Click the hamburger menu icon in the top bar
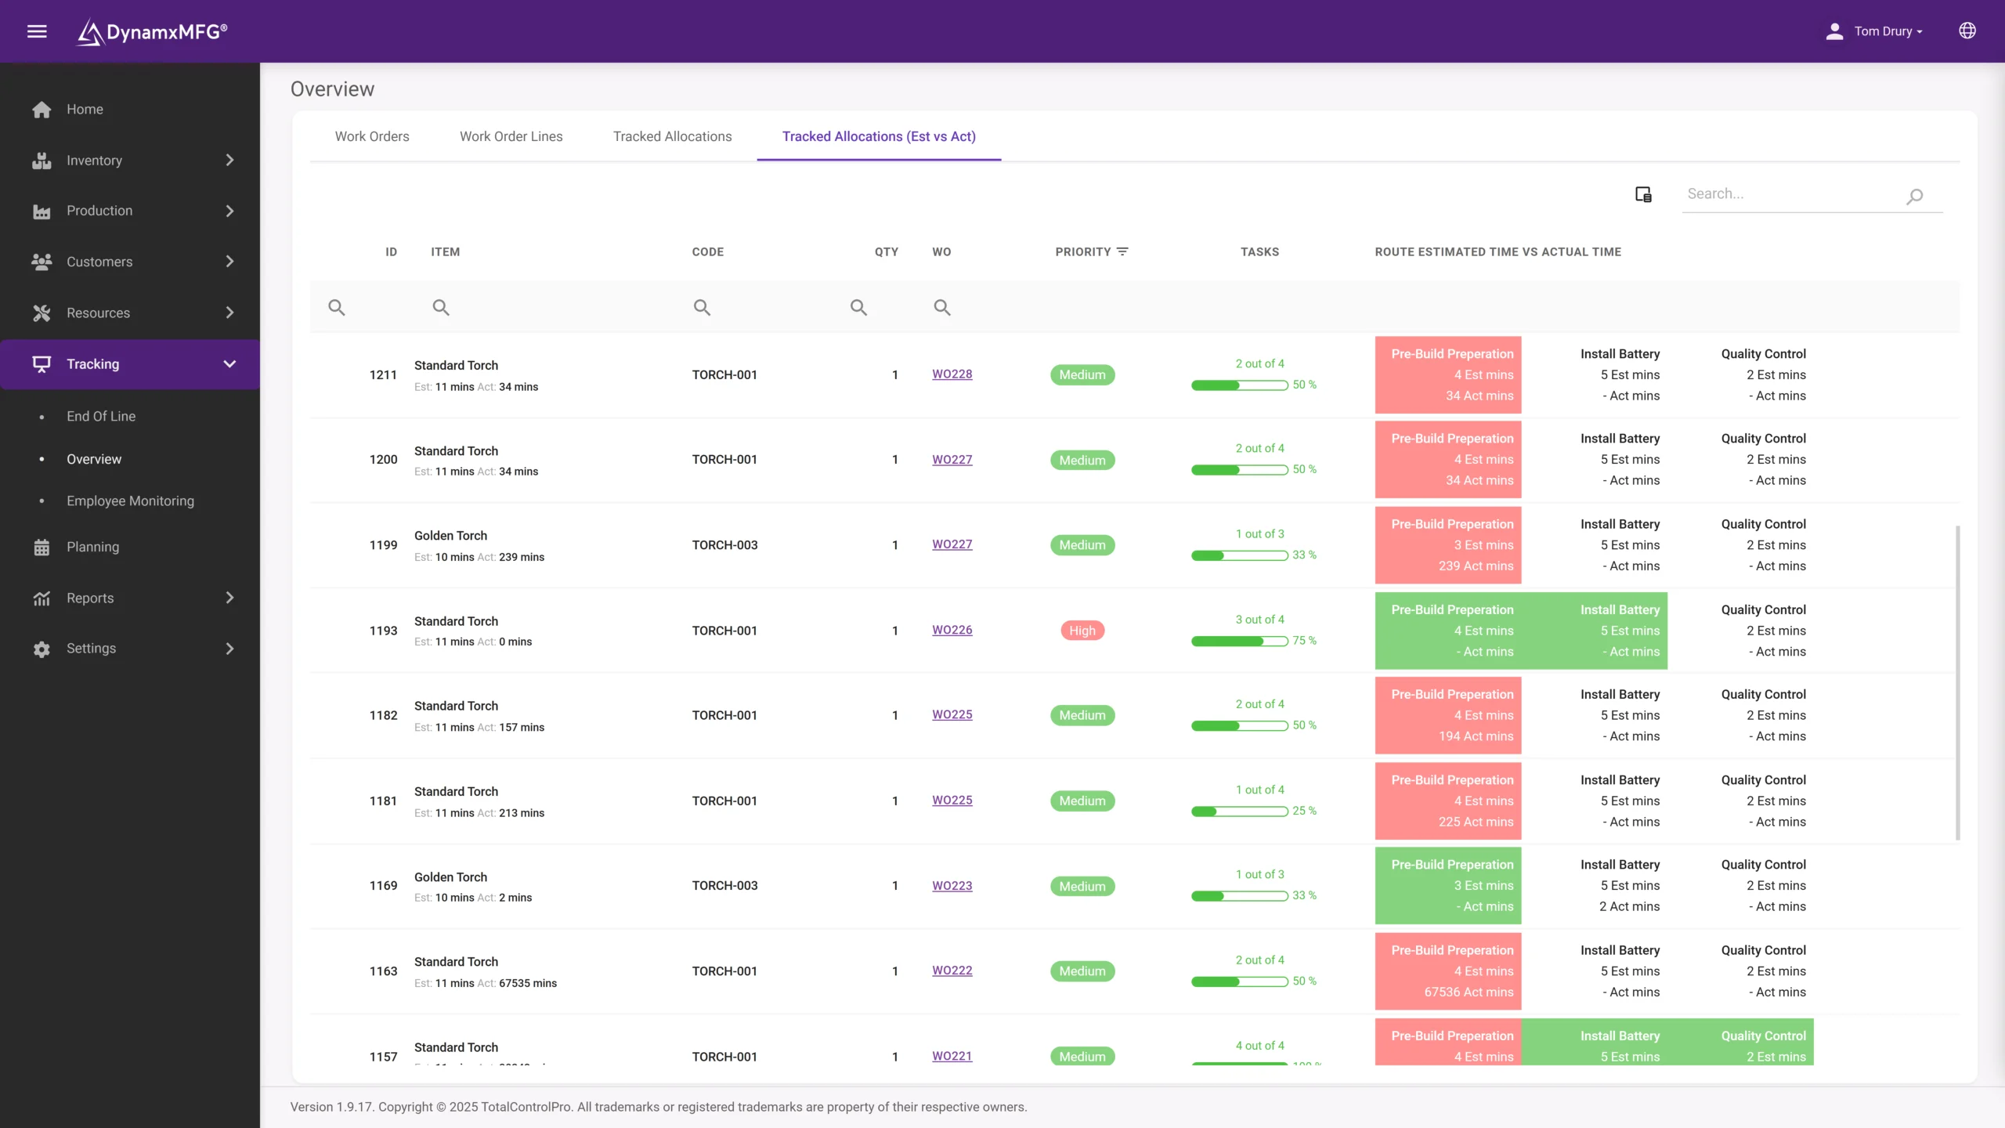[37, 31]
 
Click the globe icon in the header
[1967, 31]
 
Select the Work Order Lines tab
[511, 136]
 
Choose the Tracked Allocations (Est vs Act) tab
[879, 136]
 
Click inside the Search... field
[1794, 194]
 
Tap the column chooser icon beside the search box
[1643, 194]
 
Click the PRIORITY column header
[1083, 251]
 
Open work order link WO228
[952, 374]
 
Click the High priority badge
[1082, 631]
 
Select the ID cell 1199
[383, 545]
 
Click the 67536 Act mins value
[1469, 992]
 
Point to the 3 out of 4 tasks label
[1259, 620]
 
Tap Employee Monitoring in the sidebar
[130, 501]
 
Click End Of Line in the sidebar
[101, 416]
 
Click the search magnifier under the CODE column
[702, 307]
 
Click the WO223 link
[952, 886]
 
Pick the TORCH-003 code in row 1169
[724, 886]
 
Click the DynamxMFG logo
[152, 31]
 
